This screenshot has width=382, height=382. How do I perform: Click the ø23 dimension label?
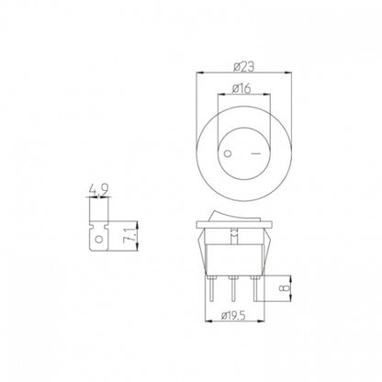coord(243,67)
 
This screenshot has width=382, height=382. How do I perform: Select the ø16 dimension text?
coord(242,89)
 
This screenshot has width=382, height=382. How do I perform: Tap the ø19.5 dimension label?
coord(234,316)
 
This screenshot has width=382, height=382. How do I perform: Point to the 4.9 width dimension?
coord(98,191)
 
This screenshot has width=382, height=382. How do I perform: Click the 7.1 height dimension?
coord(128,236)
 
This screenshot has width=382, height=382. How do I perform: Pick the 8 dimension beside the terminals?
coord(285,288)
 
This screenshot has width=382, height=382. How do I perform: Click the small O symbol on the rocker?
coord(228,153)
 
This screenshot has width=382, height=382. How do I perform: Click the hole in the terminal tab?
coord(98,239)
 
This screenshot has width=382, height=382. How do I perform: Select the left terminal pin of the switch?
coord(211,288)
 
